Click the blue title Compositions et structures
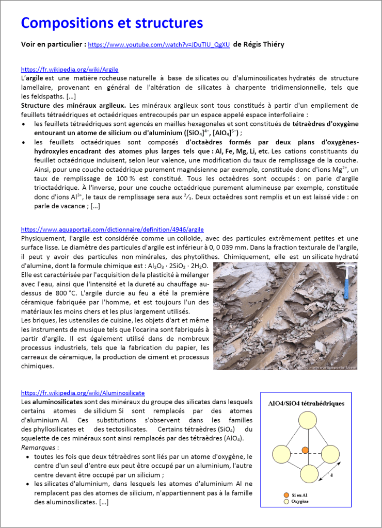(x=112, y=23)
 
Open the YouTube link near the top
(x=158, y=45)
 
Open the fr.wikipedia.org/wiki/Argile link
(x=70, y=69)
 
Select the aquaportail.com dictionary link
(x=113, y=229)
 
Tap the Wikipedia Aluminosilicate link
(x=83, y=392)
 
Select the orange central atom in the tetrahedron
(x=305, y=450)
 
